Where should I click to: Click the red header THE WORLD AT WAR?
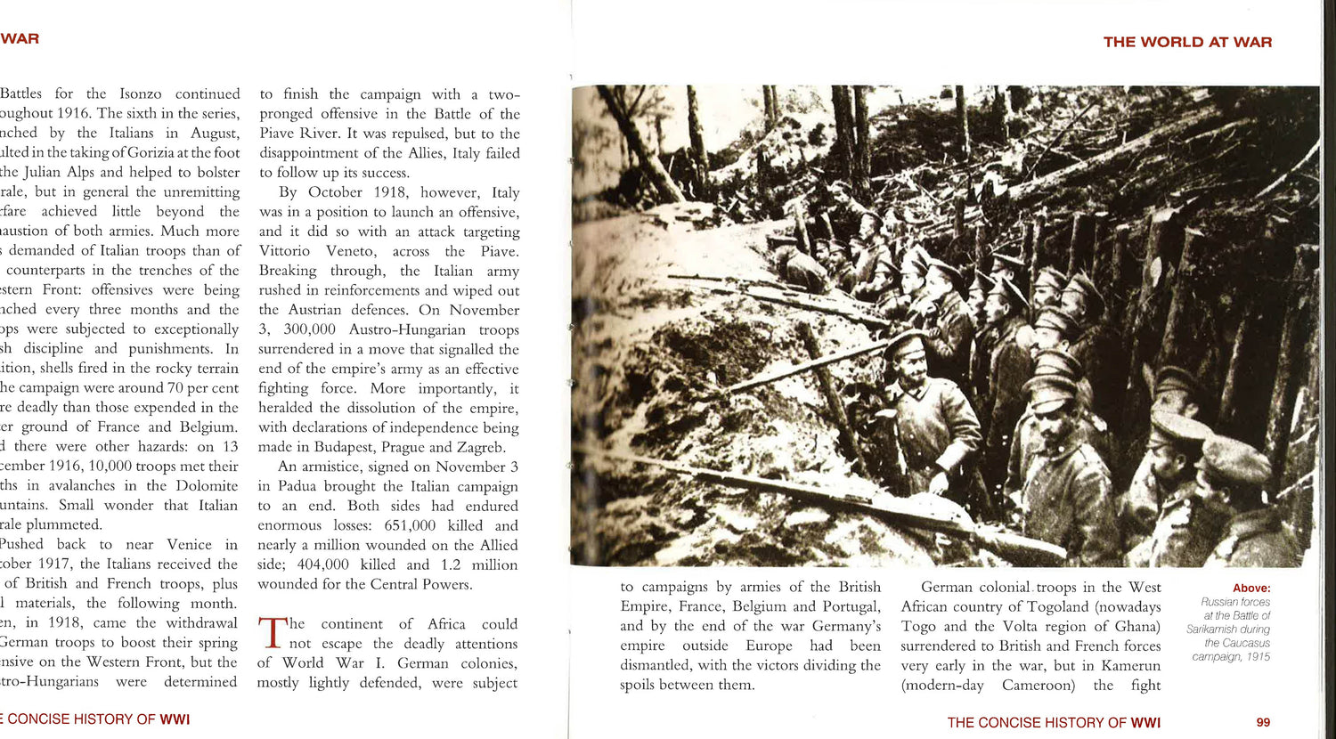point(1187,42)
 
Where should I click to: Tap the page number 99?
point(1263,722)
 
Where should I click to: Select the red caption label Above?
point(1251,589)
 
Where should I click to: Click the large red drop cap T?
point(271,633)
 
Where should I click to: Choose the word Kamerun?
point(1128,665)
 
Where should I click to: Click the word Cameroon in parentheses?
point(1039,685)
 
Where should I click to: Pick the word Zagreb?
point(480,447)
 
